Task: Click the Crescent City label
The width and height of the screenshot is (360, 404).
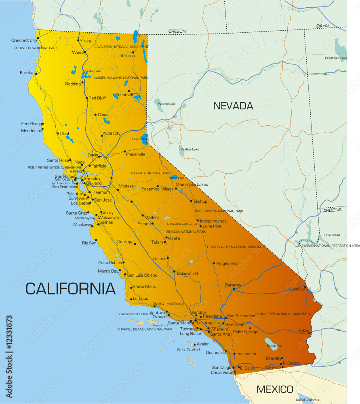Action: [x=24, y=40]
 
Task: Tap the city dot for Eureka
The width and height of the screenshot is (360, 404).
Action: [x=36, y=74]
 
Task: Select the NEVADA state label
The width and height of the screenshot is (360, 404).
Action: [x=233, y=106]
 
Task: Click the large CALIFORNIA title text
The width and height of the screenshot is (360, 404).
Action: [x=71, y=288]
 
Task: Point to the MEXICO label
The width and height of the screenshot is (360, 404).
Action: [x=275, y=389]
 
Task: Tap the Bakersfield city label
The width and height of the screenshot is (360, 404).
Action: [x=187, y=274]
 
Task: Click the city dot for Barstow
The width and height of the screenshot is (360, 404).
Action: [x=234, y=289]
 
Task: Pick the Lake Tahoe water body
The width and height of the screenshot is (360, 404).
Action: [x=144, y=138]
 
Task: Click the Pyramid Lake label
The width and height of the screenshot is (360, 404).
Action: [x=166, y=104]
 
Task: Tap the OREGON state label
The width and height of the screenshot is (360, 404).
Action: [x=177, y=31]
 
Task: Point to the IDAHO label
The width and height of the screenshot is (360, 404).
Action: [x=322, y=25]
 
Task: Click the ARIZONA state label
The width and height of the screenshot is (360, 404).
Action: [x=332, y=210]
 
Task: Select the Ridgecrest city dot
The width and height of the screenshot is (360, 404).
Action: [x=214, y=263]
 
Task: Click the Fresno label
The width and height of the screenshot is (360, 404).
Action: [x=144, y=224]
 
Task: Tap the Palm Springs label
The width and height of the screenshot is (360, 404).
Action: [x=245, y=332]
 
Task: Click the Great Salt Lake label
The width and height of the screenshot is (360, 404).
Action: [x=336, y=58]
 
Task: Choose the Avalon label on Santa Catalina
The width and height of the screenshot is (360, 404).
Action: [x=203, y=344]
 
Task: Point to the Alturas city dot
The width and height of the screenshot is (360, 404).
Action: [x=133, y=52]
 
